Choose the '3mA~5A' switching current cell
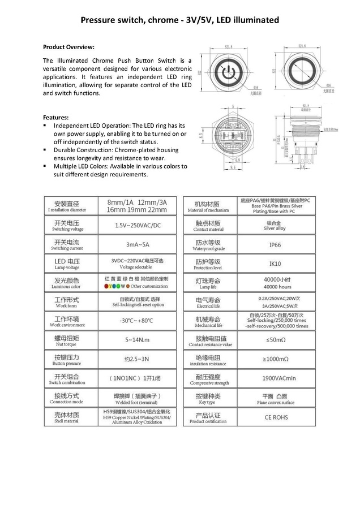pyautogui.click(x=138, y=245)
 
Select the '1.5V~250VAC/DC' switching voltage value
pyautogui.click(x=138, y=225)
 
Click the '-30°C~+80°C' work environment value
pyautogui.click(x=138, y=321)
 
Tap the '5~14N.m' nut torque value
pyautogui.click(x=138, y=340)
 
